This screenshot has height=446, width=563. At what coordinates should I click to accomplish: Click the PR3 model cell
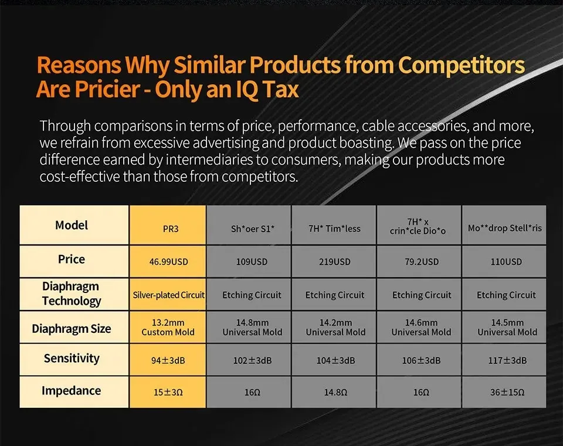[x=168, y=225]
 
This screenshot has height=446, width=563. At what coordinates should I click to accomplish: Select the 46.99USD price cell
[x=168, y=261]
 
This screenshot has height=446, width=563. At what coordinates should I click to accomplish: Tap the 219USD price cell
[x=334, y=261]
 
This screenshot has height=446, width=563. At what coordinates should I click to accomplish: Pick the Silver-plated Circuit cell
[x=168, y=295]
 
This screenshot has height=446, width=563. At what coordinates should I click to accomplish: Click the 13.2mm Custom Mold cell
[x=168, y=327]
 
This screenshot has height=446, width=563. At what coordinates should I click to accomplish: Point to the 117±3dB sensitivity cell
[x=504, y=360]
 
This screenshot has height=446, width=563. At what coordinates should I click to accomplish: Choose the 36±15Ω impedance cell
[x=504, y=392]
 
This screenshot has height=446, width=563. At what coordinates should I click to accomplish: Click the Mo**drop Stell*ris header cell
[x=504, y=225]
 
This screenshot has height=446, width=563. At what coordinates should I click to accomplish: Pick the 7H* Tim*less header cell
[x=334, y=225]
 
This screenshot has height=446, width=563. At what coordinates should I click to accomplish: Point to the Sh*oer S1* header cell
[x=249, y=225]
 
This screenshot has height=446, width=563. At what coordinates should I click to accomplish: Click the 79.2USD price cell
[x=419, y=261]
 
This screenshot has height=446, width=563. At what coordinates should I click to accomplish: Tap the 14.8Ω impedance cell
[x=334, y=392]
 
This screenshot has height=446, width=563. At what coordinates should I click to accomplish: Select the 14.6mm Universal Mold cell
[x=419, y=327]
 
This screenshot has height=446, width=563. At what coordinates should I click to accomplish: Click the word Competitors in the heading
[x=461, y=65]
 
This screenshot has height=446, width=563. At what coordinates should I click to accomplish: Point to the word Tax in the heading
[x=280, y=89]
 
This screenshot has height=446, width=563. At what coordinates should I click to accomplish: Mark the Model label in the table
[x=72, y=225]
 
